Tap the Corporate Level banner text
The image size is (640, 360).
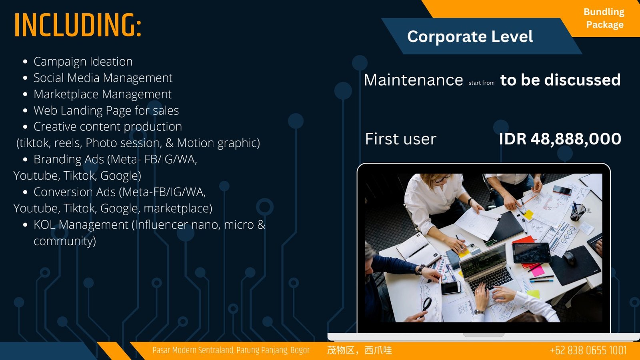470,36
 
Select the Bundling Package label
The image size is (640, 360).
604,18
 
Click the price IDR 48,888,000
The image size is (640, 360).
560,139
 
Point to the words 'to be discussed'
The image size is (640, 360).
560,80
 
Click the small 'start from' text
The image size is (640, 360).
482,83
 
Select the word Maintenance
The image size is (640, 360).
413,80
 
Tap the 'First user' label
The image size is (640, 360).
400,139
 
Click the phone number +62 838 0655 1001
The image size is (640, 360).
588,350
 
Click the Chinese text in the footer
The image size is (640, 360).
360,350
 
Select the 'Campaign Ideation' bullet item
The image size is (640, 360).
83,62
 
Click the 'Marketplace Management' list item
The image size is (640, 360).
102,94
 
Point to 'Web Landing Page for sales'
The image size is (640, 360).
106,110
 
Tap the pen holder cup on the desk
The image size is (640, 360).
578,211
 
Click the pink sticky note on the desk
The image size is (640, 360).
538,270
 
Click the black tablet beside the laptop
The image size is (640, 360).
532,252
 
